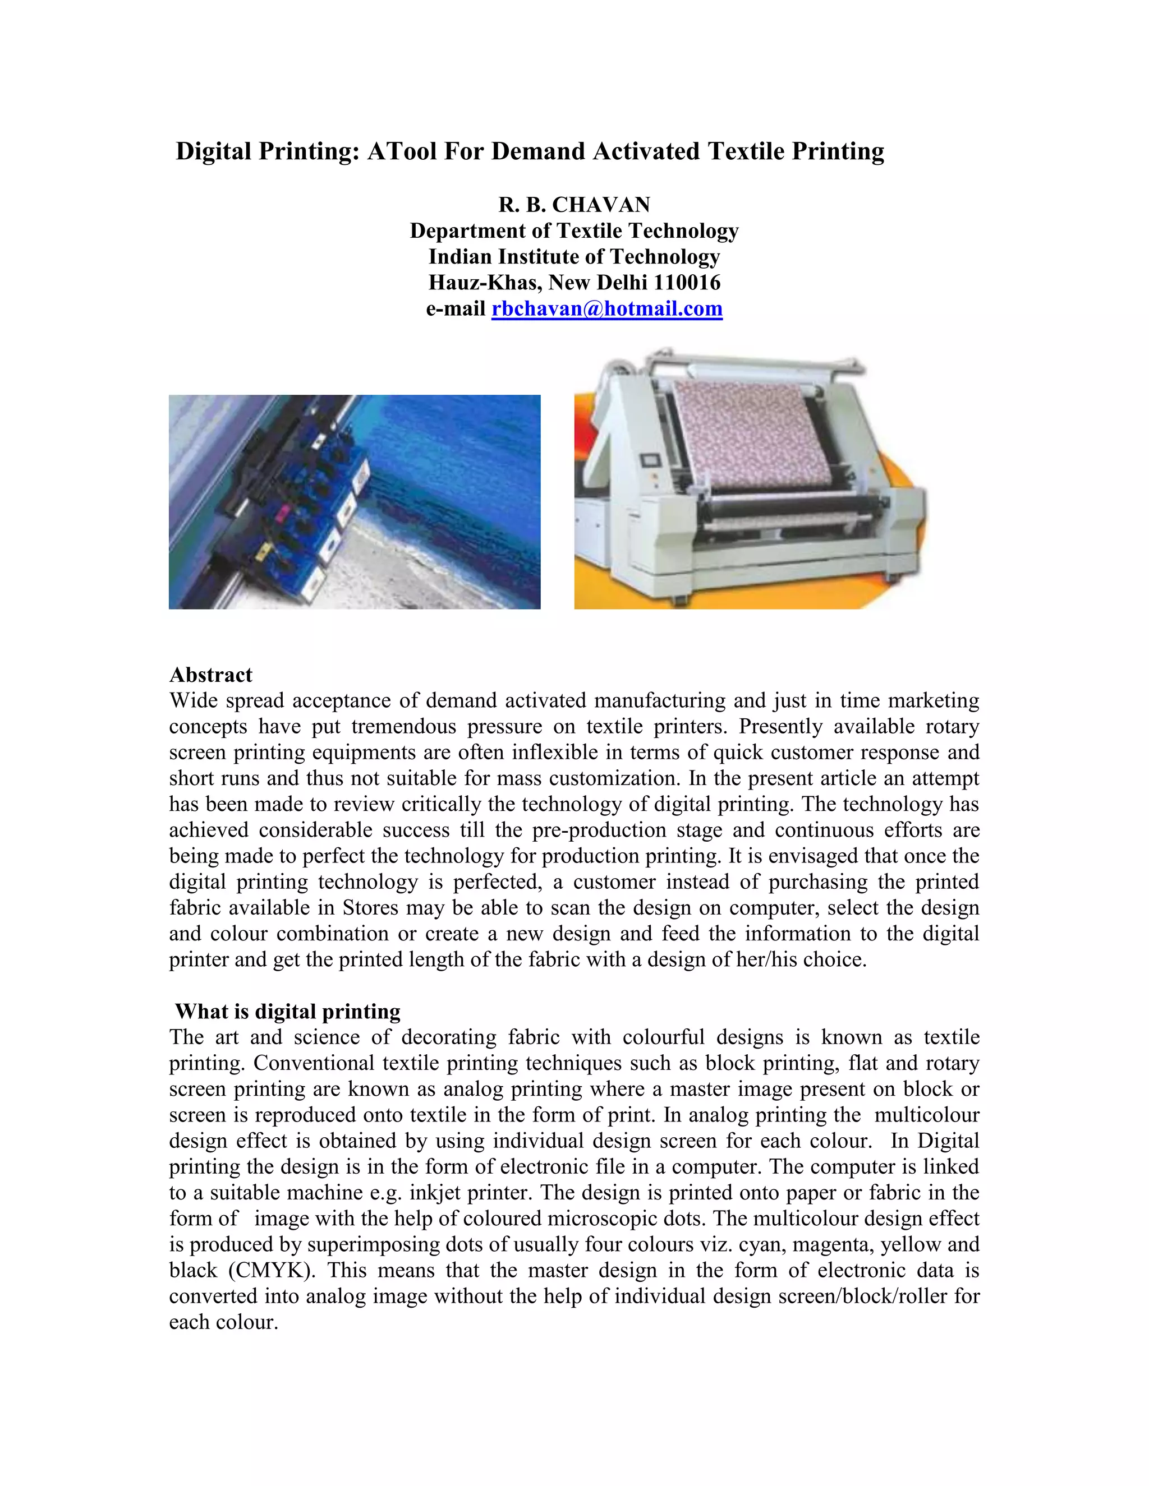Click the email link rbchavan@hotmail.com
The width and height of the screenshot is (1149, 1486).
(606, 309)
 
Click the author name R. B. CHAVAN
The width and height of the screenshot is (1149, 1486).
(574, 205)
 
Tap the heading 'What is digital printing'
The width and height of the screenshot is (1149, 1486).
(287, 1011)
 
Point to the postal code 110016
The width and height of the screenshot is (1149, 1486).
(687, 283)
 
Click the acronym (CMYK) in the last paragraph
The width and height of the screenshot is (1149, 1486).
(271, 1270)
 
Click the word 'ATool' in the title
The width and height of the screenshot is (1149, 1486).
(402, 151)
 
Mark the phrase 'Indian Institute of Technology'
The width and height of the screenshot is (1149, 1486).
(574, 256)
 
